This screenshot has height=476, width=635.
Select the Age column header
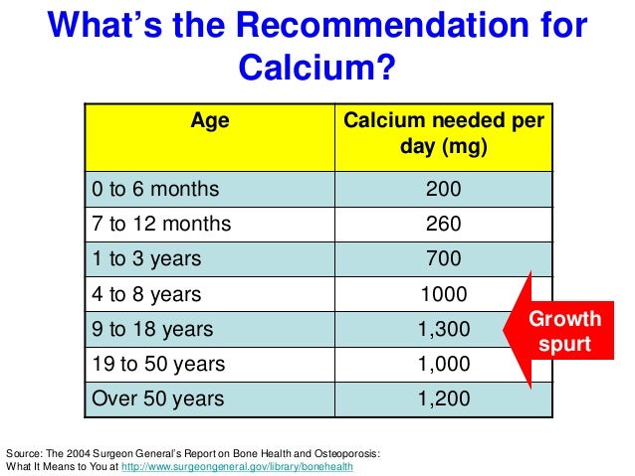click(x=210, y=121)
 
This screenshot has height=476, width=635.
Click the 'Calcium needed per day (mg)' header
click(x=443, y=134)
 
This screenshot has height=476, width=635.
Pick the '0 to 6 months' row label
click(x=155, y=188)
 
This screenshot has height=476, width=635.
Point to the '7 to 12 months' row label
click(x=160, y=224)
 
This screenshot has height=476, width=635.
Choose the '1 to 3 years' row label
click(x=146, y=259)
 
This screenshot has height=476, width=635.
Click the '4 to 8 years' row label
click(x=146, y=294)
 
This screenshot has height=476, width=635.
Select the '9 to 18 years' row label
click(x=151, y=329)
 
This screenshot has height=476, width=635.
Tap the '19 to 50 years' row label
click(x=157, y=364)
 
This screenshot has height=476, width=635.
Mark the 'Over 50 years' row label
click(x=157, y=399)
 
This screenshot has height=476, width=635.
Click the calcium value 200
click(x=443, y=188)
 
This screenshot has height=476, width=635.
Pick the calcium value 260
click(x=443, y=224)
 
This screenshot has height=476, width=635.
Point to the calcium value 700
click(x=443, y=259)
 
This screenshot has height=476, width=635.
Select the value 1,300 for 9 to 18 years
click(x=443, y=329)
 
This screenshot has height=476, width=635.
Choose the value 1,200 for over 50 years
click(x=443, y=399)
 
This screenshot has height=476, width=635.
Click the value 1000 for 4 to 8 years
click(x=443, y=294)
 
